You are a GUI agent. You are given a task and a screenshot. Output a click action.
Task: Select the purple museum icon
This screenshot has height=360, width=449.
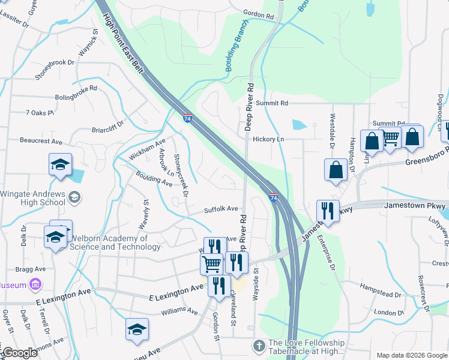[35, 283]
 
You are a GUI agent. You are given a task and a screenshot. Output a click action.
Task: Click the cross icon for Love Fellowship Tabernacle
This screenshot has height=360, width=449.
[259, 346]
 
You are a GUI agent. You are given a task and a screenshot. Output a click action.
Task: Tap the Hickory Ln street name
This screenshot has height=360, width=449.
[268, 139]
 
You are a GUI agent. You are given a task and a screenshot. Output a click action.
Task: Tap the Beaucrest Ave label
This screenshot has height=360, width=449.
[41, 142]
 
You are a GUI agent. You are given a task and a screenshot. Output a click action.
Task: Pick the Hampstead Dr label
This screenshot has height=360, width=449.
[381, 295]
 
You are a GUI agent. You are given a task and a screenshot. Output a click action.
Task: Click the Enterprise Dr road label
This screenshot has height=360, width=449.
[332, 253]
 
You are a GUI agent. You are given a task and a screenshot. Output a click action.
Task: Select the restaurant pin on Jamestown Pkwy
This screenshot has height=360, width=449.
[327, 211]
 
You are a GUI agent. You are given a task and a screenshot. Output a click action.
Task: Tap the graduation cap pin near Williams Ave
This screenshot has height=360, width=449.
[137, 329]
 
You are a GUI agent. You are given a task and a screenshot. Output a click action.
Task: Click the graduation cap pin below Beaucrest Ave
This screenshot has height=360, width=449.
[60, 165]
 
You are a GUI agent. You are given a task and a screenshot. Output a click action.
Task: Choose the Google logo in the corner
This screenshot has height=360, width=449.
[19, 353]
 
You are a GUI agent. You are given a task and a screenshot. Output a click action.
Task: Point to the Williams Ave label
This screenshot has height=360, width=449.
[179, 311]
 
